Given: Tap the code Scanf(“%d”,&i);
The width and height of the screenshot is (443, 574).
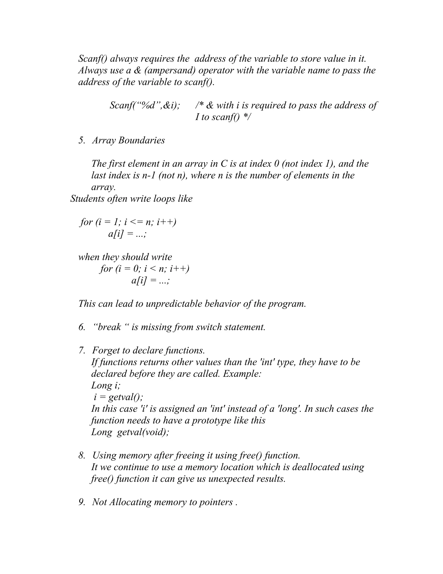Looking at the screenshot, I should coord(145,105).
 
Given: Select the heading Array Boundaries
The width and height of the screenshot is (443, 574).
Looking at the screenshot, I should coord(128,140).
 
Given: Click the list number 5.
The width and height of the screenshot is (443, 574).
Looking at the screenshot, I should coord(82,140).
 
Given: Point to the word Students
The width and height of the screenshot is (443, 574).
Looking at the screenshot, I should coord(87,199).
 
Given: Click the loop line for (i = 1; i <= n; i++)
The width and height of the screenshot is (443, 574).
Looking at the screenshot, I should coord(128,222).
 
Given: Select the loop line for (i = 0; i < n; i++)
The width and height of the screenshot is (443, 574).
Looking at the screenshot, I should coord(144,269).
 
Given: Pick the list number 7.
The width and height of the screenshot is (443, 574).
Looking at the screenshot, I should coord(82,350).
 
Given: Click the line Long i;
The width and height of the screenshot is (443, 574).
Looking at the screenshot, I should coord(106,386).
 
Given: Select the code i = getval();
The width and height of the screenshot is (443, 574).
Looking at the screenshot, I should coord(118,397).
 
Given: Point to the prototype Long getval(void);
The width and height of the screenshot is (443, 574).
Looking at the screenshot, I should coord(130,432).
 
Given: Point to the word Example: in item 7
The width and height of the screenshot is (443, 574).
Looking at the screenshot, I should coord(242,374).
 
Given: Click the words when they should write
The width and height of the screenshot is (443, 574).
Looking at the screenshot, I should coord(125,257).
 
